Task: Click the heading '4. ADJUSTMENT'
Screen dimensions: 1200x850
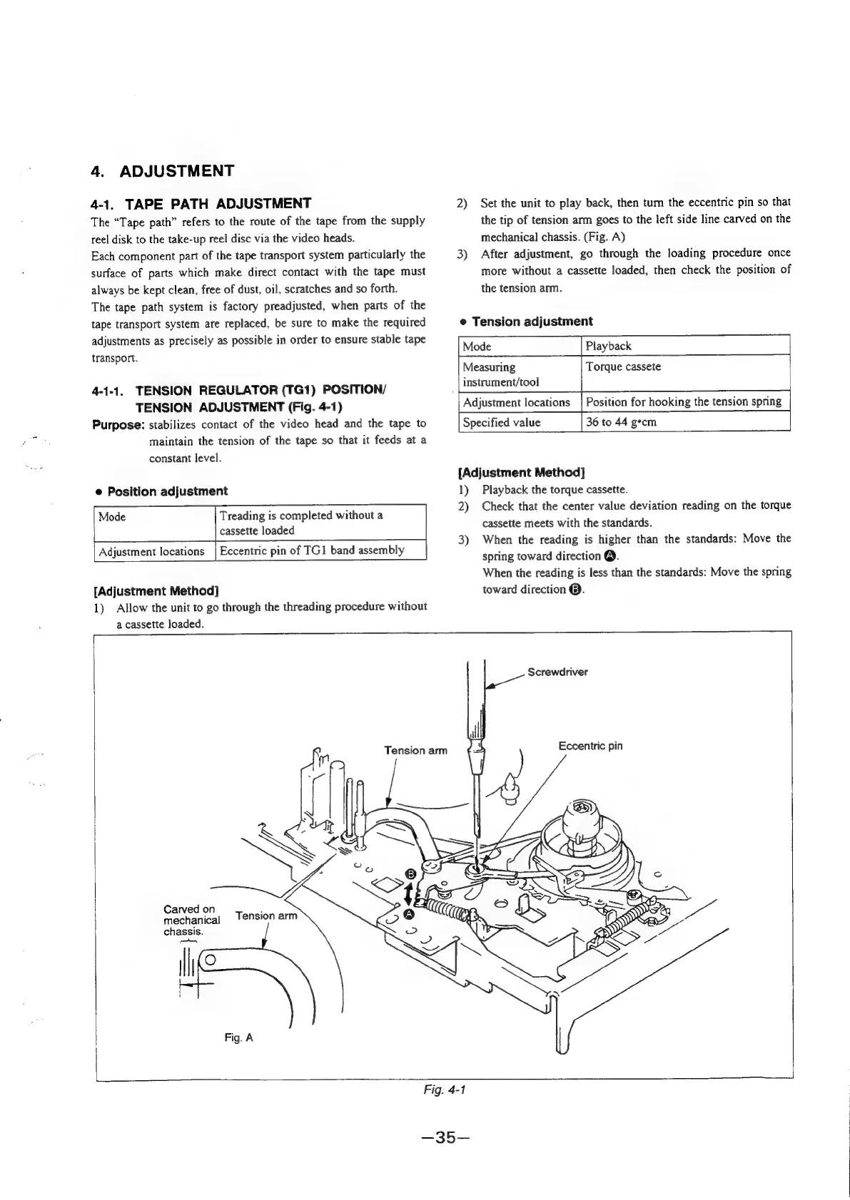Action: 163,171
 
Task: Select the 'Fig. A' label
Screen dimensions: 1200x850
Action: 238,1038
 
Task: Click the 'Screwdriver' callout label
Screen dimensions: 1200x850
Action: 557,672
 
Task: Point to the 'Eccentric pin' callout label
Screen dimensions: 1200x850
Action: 590,746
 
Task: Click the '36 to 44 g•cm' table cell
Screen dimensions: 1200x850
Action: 621,422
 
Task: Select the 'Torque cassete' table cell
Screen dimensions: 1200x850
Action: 623,367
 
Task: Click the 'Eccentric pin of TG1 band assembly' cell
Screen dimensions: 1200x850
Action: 312,550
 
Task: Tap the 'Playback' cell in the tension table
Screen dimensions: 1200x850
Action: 608,347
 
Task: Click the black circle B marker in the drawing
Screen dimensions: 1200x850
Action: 410,875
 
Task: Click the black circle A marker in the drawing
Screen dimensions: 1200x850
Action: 409,914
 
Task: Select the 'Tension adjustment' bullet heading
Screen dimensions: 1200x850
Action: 532,322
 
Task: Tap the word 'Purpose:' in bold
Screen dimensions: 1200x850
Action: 118,424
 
